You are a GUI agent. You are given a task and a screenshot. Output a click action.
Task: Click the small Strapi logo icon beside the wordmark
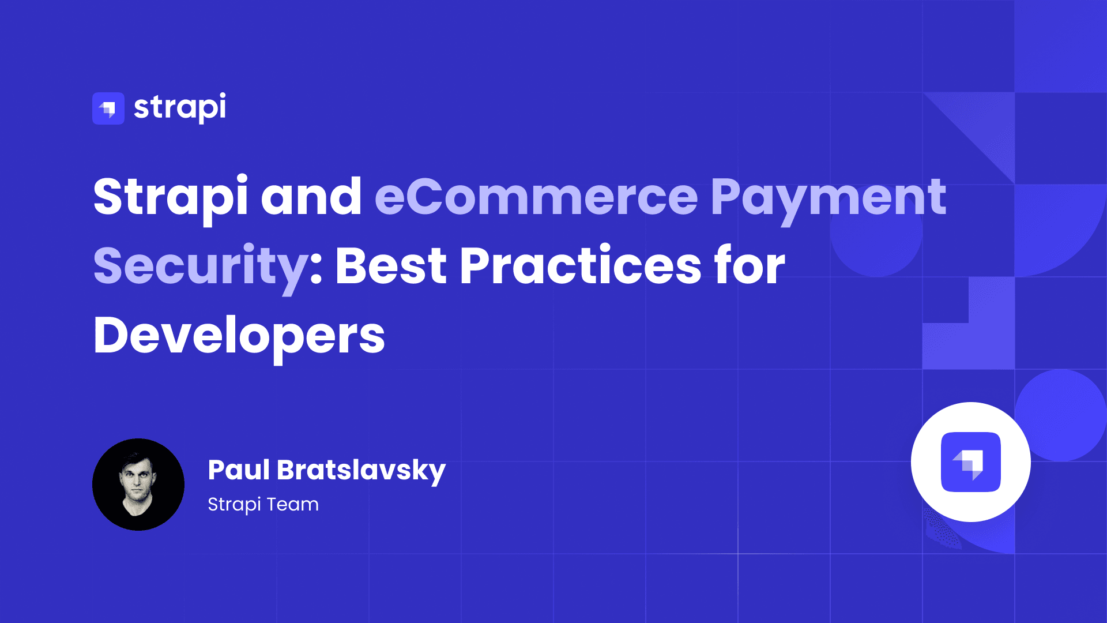pyautogui.click(x=108, y=108)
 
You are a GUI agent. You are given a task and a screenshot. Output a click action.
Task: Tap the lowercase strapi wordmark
pyautogui.click(x=180, y=108)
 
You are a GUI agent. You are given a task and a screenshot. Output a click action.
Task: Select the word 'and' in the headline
pyautogui.click(x=311, y=197)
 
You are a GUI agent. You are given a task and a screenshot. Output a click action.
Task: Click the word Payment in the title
pyautogui.click(x=828, y=199)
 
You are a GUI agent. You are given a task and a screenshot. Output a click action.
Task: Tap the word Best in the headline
pyautogui.click(x=391, y=266)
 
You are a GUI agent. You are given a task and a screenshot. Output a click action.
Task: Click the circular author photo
pyautogui.click(x=138, y=485)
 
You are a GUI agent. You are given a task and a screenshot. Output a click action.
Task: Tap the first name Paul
pyautogui.click(x=239, y=470)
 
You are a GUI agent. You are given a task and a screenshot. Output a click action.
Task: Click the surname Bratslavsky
pyautogui.click(x=362, y=471)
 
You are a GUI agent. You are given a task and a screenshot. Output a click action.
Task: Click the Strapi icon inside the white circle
pyautogui.click(x=971, y=462)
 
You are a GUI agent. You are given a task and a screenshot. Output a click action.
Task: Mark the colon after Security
pyautogui.click(x=316, y=272)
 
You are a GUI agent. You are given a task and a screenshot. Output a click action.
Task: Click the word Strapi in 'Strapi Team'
pyautogui.click(x=234, y=505)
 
